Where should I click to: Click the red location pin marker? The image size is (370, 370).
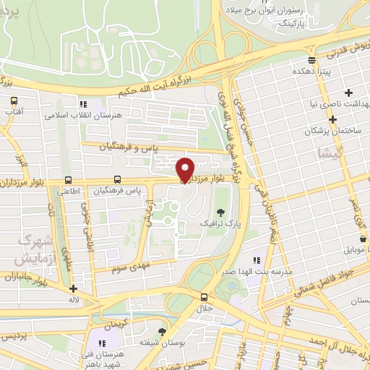[185, 168]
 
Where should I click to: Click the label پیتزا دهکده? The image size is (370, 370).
[311, 73]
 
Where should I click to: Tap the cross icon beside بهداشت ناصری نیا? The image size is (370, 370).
[349, 92]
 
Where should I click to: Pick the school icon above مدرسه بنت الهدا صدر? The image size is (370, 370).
[255, 260]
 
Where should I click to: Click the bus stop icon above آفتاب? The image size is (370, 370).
[12, 99]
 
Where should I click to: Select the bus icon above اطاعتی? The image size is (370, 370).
[68, 180]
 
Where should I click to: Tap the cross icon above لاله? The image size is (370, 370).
[73, 288]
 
